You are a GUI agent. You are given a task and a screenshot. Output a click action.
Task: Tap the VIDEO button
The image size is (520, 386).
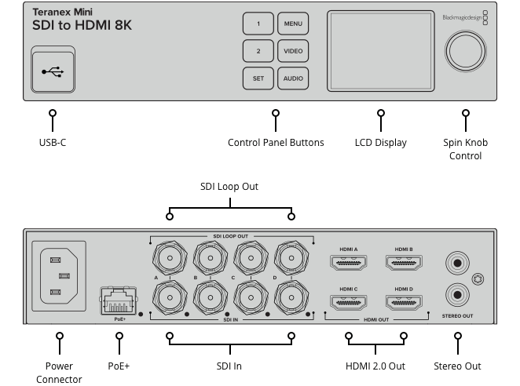(x=293, y=51)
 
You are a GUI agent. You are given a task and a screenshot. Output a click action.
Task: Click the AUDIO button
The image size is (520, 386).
(x=293, y=78)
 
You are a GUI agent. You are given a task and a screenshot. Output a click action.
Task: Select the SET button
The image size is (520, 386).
(x=258, y=78)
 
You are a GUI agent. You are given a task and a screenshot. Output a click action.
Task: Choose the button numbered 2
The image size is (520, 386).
(x=258, y=51)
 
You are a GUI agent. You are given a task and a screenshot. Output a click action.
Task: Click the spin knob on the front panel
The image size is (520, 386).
(x=465, y=51)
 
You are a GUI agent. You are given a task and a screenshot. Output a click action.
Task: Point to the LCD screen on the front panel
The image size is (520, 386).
(x=381, y=51)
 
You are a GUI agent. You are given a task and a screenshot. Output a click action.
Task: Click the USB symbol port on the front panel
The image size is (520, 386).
(x=53, y=70)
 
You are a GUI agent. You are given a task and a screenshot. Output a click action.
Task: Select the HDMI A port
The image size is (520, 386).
(x=348, y=262)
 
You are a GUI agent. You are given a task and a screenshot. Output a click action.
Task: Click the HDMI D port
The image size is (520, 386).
(x=404, y=302)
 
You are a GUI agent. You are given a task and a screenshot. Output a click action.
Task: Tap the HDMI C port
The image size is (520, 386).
(x=348, y=302)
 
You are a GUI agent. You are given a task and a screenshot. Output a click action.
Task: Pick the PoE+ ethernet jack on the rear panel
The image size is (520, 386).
(x=119, y=300)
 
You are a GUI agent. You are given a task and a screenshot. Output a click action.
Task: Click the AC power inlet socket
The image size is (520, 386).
(x=59, y=276)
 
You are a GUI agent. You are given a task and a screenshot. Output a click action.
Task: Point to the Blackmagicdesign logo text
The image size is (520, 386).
(x=462, y=17)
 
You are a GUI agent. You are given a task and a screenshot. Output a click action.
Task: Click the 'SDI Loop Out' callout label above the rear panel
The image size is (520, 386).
(x=229, y=187)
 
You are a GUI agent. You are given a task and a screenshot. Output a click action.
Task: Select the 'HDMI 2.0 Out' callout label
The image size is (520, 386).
(x=375, y=366)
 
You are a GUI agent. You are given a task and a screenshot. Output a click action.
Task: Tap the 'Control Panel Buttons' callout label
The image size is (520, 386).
(x=276, y=143)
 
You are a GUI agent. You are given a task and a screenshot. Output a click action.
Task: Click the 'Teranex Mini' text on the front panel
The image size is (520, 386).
(x=62, y=13)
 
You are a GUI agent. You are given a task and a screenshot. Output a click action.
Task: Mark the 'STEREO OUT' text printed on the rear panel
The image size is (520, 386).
(x=457, y=316)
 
